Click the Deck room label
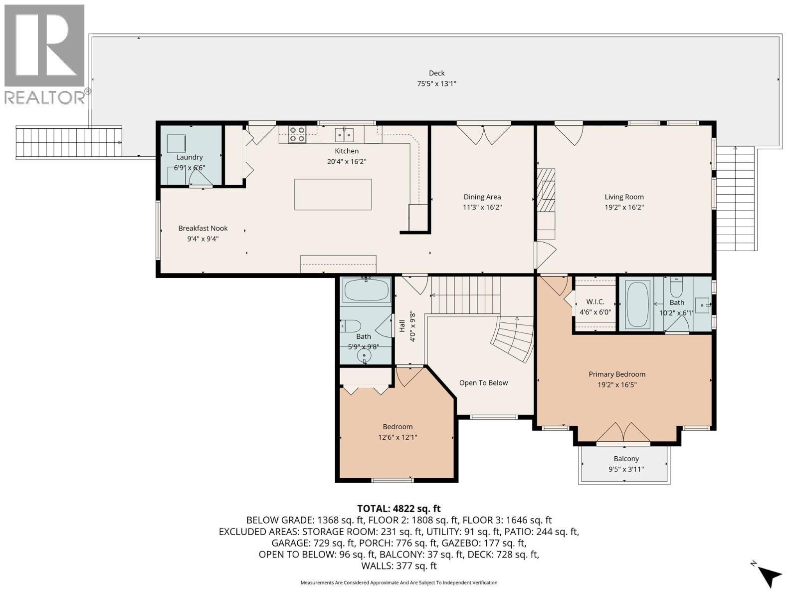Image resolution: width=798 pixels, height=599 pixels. (x=436, y=73)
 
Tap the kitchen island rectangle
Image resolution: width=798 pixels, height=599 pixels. (x=333, y=194)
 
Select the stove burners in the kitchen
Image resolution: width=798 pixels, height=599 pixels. (x=297, y=135)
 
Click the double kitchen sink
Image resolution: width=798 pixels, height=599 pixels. (x=344, y=134)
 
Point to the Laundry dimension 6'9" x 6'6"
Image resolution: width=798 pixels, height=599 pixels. (x=190, y=168)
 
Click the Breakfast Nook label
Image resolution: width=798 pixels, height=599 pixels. (x=203, y=228)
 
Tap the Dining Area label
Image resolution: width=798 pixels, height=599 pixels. (x=482, y=197)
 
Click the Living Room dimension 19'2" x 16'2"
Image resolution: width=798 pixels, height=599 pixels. (x=624, y=207)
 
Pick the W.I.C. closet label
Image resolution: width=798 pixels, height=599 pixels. (x=595, y=302)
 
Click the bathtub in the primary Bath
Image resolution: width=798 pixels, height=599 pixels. (x=638, y=304)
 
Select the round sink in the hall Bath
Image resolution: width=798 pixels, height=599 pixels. (x=365, y=356)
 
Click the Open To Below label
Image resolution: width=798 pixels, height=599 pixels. (x=483, y=383)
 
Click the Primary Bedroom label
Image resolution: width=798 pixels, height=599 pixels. (x=617, y=374)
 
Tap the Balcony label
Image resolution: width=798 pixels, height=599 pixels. (x=626, y=459)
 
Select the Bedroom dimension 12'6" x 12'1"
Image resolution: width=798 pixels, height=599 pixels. (x=398, y=437)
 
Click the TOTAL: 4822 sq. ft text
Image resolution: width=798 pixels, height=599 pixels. (x=399, y=509)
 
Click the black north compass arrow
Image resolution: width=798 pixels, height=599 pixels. (x=771, y=577)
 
